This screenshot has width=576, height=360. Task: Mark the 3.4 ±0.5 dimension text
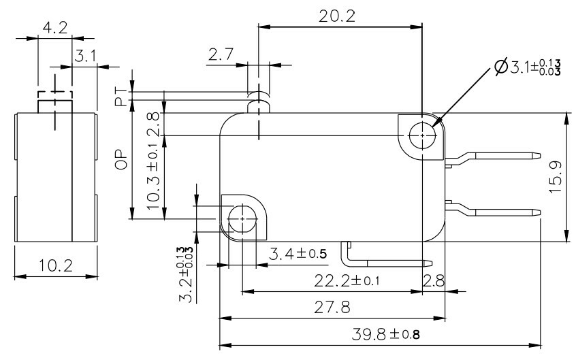pos(298,255)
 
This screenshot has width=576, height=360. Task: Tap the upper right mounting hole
pos(422,135)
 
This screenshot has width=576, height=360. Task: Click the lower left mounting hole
pos(241,218)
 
